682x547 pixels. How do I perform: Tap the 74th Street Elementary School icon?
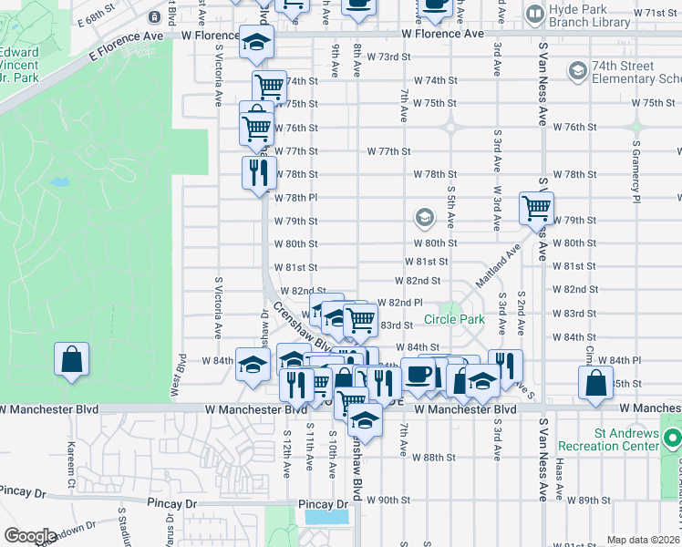(576, 71)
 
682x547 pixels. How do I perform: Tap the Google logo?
(29, 536)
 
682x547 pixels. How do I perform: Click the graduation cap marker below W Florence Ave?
(256, 43)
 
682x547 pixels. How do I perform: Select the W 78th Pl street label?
(295, 197)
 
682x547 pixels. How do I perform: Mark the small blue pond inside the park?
(59, 181)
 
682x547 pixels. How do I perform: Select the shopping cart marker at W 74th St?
(269, 87)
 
